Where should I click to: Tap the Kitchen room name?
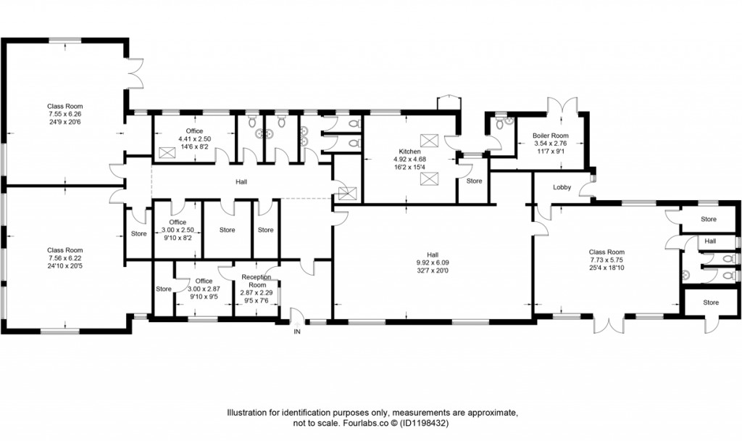click(410, 152)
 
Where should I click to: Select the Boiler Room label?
click(550, 136)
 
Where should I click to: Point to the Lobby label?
click(562, 188)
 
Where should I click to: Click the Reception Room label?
click(256, 281)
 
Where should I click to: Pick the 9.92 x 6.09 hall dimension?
click(432, 263)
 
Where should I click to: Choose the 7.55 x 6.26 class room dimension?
click(65, 114)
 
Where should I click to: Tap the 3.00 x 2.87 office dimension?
click(204, 289)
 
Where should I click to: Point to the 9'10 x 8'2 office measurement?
click(178, 237)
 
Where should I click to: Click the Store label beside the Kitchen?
click(474, 181)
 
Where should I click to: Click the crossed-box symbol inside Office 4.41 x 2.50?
click(168, 152)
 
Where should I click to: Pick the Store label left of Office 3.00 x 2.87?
click(163, 289)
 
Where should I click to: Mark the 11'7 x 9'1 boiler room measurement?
click(550, 151)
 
